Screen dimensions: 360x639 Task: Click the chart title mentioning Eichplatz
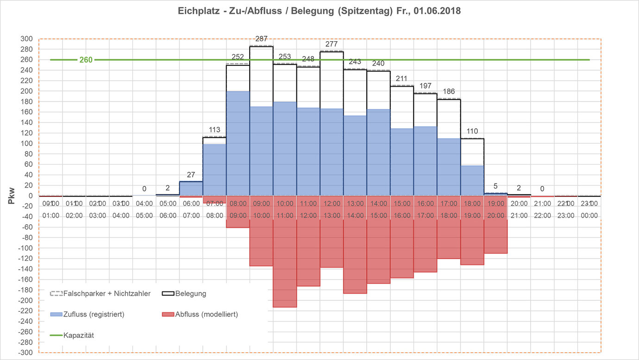coord(319,11)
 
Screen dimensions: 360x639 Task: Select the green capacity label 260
coord(86,60)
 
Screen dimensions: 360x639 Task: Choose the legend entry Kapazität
coord(78,335)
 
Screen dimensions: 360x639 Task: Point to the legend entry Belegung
coord(190,293)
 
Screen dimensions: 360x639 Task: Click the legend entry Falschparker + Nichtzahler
coord(106,293)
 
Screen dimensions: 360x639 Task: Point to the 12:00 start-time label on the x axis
coord(332,203)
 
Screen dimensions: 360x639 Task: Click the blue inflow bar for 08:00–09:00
coord(238,144)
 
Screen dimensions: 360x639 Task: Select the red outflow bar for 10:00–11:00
coord(285,264)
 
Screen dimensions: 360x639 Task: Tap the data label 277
coord(332,44)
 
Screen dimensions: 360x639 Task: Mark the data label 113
coord(214,130)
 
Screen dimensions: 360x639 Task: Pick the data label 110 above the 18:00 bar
coord(472,131)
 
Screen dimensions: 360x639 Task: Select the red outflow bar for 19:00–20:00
coord(496,237)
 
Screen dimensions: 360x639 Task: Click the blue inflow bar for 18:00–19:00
coord(472,181)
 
